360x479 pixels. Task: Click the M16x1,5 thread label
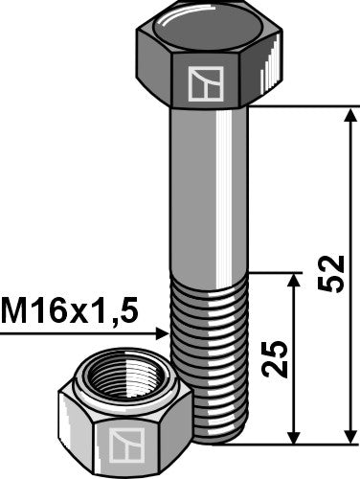tap(70, 309)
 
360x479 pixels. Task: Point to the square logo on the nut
tap(124, 444)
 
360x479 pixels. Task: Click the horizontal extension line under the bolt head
tap(306, 105)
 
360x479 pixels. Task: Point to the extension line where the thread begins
tap(278, 272)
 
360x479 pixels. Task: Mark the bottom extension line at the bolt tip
tap(287, 444)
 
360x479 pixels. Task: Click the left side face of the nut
tap(77, 431)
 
